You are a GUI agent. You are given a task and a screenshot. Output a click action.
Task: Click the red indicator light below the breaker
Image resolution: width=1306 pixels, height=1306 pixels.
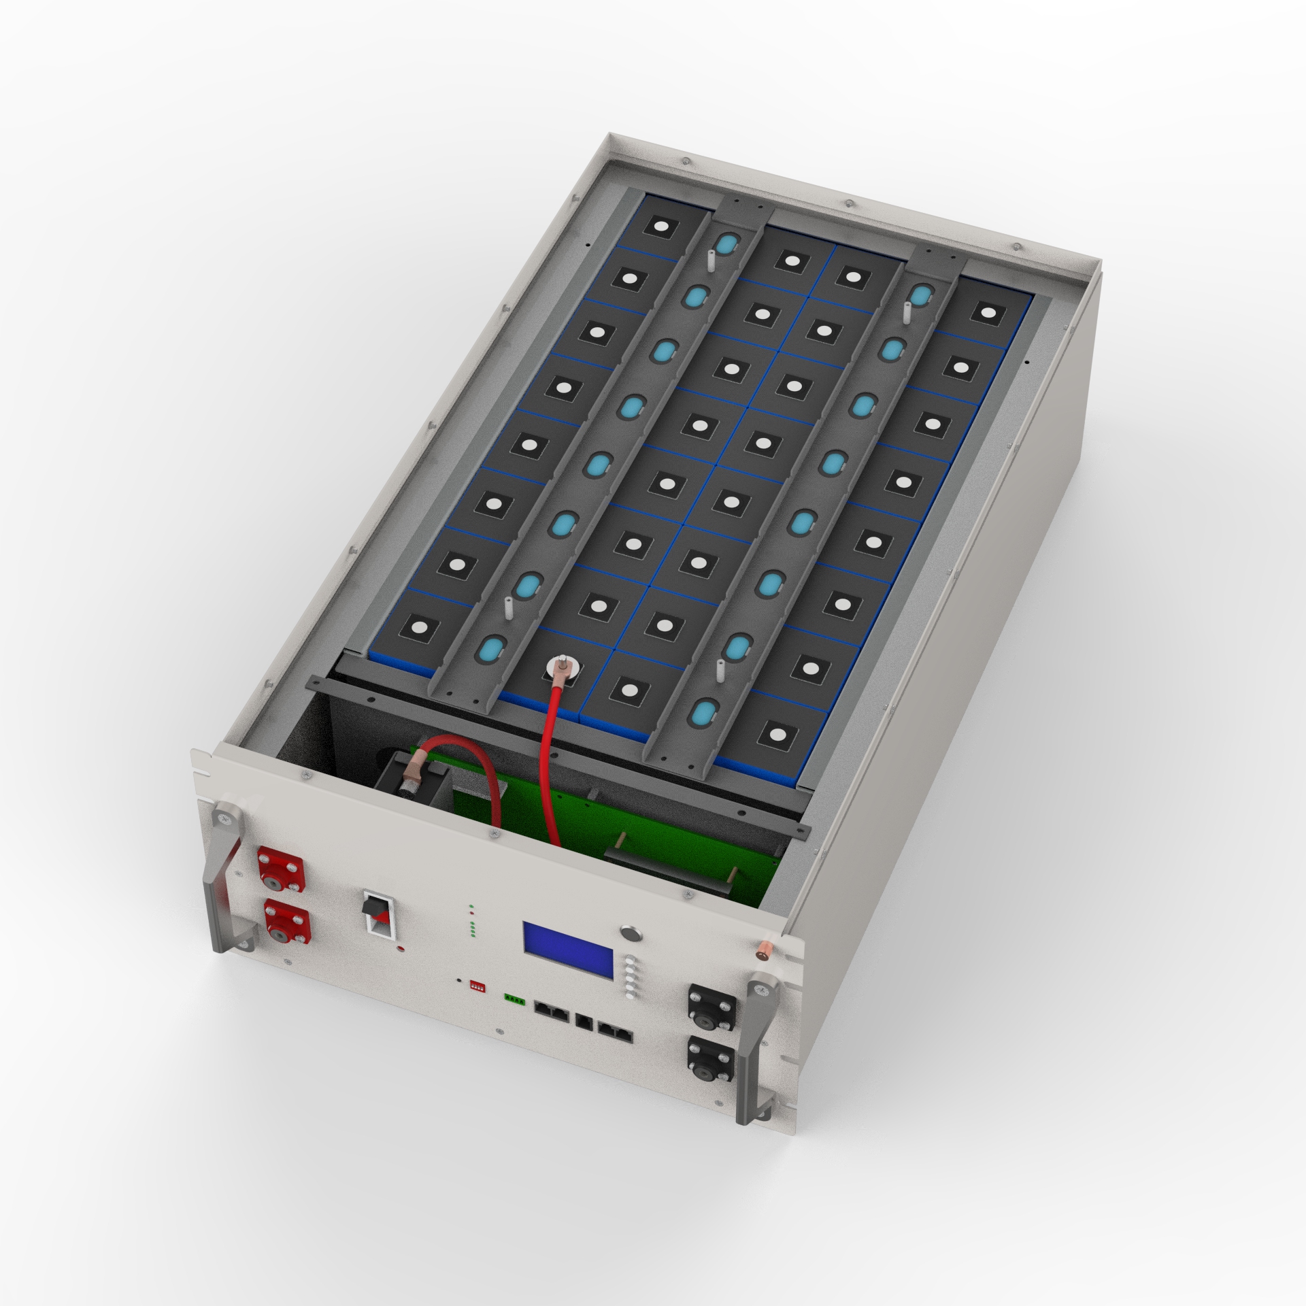402,948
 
